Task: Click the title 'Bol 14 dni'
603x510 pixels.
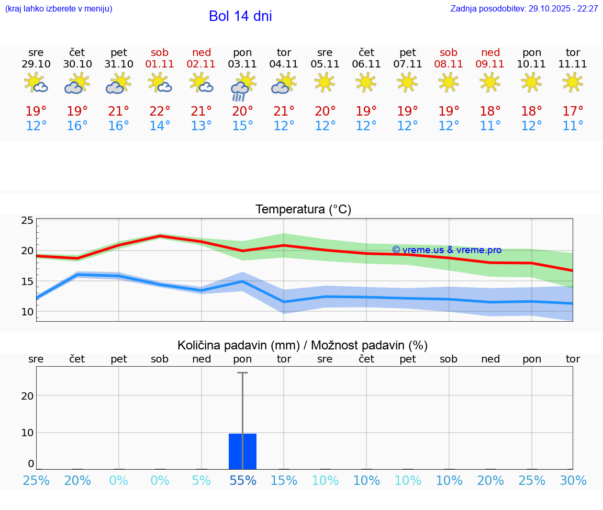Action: (240, 16)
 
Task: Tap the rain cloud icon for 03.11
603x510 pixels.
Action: (242, 86)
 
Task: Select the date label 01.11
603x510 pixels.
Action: (160, 64)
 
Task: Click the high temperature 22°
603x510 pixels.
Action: (160, 111)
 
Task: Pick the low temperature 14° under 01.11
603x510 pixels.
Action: (160, 126)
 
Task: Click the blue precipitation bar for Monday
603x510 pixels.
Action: (242, 451)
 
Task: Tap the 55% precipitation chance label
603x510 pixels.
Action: (242, 481)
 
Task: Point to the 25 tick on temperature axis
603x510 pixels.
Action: (27, 221)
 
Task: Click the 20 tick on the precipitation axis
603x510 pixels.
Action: (27, 396)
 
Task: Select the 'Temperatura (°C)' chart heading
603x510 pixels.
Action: (303, 210)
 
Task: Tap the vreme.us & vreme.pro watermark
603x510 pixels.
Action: (446, 250)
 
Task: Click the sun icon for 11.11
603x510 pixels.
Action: (573, 83)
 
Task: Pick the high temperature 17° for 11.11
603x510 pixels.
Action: (573, 111)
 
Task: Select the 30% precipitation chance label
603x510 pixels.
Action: (573, 481)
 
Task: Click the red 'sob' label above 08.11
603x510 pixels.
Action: (449, 52)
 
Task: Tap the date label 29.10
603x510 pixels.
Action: (36, 64)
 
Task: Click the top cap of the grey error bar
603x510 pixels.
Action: (242, 373)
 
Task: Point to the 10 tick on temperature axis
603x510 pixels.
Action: (27, 312)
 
